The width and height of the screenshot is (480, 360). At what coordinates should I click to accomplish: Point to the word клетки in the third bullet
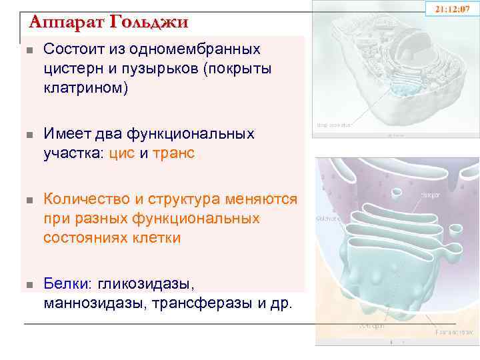point(158,238)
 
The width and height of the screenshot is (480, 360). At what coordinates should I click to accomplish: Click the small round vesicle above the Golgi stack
point(397,193)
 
